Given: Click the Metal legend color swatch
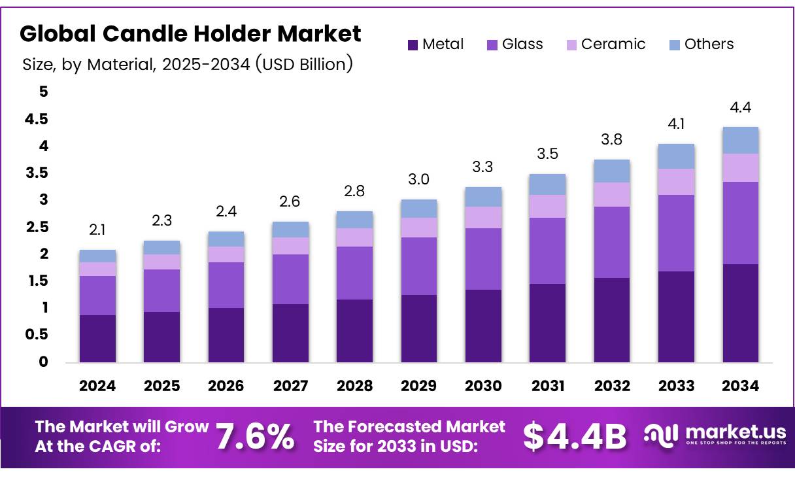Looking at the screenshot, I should [x=413, y=45].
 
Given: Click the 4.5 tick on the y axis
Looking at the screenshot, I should [x=36, y=119].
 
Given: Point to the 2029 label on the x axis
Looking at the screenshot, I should [x=418, y=386].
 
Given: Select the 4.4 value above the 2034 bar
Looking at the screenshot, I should [x=740, y=107].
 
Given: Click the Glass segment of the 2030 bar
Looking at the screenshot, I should [x=483, y=259].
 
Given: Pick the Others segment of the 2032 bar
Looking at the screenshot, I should [x=611, y=171].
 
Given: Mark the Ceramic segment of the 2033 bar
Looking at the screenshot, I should [x=676, y=182].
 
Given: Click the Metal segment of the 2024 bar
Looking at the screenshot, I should [x=97, y=338].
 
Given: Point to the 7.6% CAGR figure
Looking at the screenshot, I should [x=255, y=436].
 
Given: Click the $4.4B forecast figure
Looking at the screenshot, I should [x=575, y=436].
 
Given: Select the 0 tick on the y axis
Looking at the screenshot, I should [x=43, y=362].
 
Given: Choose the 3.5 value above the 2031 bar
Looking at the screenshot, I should [x=547, y=154].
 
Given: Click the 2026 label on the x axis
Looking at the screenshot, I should [x=226, y=386].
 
